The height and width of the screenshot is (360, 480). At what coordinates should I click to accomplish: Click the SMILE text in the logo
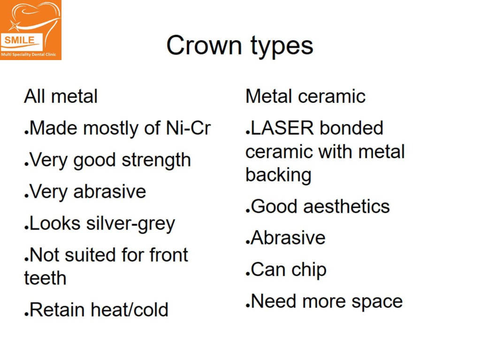(x=19, y=40)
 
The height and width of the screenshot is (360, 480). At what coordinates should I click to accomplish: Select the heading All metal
(x=61, y=97)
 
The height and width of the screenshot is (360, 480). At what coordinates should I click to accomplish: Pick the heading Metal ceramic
(x=305, y=97)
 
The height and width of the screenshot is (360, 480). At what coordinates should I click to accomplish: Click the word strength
(x=156, y=161)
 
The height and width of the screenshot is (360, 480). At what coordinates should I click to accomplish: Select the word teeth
(x=45, y=278)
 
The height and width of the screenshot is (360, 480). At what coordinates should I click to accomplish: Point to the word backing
(x=278, y=175)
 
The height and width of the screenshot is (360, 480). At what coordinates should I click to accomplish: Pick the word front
(x=168, y=255)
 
